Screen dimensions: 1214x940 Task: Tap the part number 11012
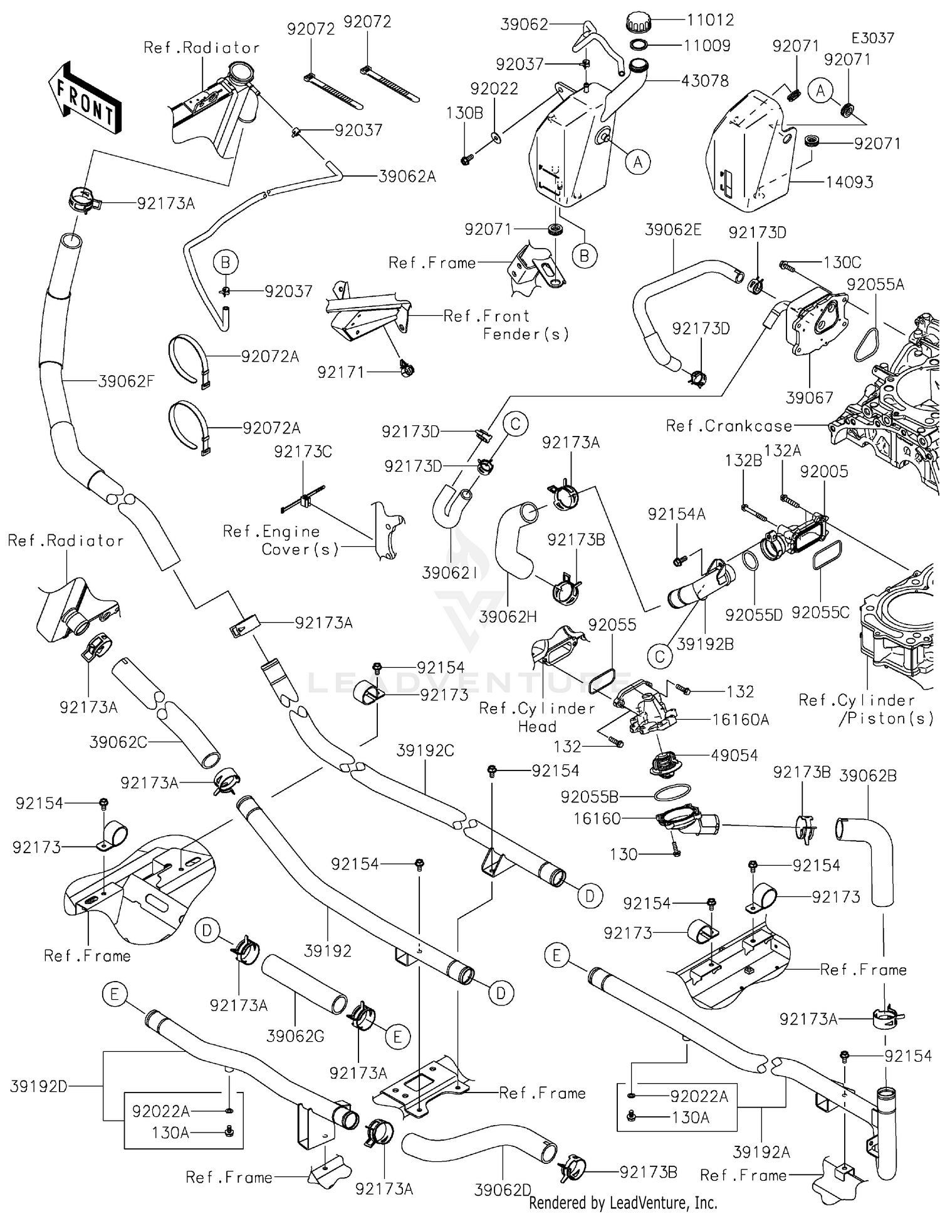point(710,20)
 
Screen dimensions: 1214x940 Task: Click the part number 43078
point(705,81)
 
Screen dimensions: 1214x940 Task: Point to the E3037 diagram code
point(873,38)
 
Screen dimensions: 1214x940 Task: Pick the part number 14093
point(849,182)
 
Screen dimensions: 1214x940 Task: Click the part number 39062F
point(126,381)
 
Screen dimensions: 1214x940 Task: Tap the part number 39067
point(810,398)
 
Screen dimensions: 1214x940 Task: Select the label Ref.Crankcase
point(729,426)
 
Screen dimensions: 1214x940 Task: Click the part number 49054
point(734,755)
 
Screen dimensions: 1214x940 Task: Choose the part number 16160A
point(740,720)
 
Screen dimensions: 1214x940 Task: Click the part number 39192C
point(426,750)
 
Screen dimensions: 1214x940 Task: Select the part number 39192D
point(38,1086)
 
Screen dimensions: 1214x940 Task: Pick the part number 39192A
point(761,1152)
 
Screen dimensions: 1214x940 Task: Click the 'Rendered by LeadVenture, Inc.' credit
point(623,1203)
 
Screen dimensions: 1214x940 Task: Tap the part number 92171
point(340,372)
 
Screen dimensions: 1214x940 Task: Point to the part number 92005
point(824,472)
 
